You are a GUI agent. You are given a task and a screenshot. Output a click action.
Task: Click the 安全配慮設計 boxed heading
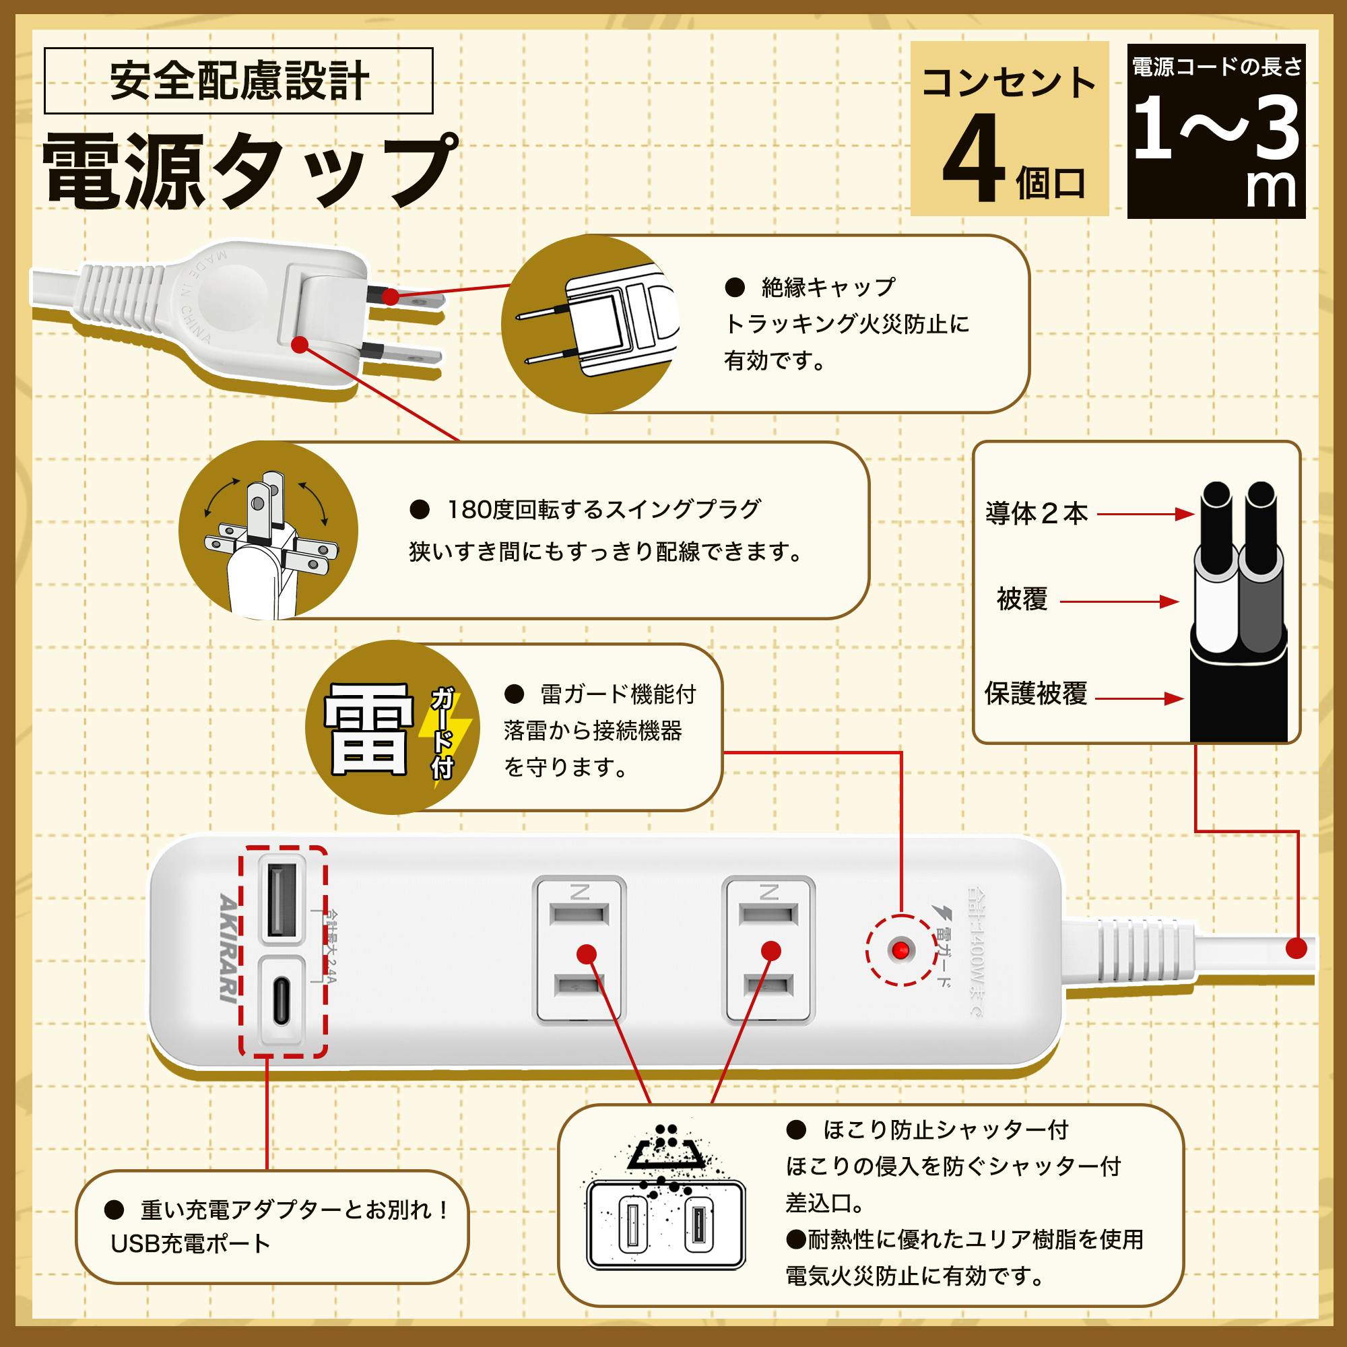pyautogui.click(x=238, y=81)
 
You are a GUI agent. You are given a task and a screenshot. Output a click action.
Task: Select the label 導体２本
pyautogui.click(x=1037, y=514)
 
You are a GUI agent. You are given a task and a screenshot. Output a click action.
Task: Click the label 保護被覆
pyautogui.click(x=1035, y=694)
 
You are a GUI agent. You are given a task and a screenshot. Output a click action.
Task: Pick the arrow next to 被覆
pyautogui.click(x=1119, y=601)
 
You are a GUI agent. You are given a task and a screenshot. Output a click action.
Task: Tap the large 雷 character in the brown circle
pyautogui.click(x=368, y=729)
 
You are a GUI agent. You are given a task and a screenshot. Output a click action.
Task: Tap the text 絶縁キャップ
pyautogui.click(x=828, y=286)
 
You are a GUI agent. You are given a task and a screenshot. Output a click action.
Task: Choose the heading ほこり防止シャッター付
pyautogui.click(x=946, y=1129)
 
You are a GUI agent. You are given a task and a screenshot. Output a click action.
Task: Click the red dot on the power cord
pyautogui.click(x=1296, y=948)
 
